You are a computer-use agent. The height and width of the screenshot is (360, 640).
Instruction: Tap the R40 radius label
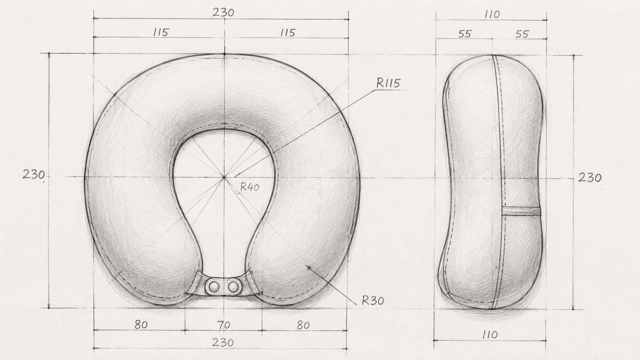point(250,187)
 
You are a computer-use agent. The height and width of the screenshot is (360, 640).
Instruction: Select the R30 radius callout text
point(373,301)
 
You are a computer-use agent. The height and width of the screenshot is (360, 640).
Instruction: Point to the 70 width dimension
point(224,325)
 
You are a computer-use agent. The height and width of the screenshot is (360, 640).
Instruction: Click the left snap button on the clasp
point(213,286)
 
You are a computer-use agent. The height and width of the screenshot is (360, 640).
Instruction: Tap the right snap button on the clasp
point(233,286)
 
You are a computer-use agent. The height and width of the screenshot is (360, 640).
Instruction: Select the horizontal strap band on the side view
point(521,211)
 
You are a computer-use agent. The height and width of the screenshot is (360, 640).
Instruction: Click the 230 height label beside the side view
point(590,178)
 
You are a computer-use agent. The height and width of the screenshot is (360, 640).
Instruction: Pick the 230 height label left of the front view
point(34,174)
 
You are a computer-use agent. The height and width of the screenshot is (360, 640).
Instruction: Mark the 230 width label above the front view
point(224,13)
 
